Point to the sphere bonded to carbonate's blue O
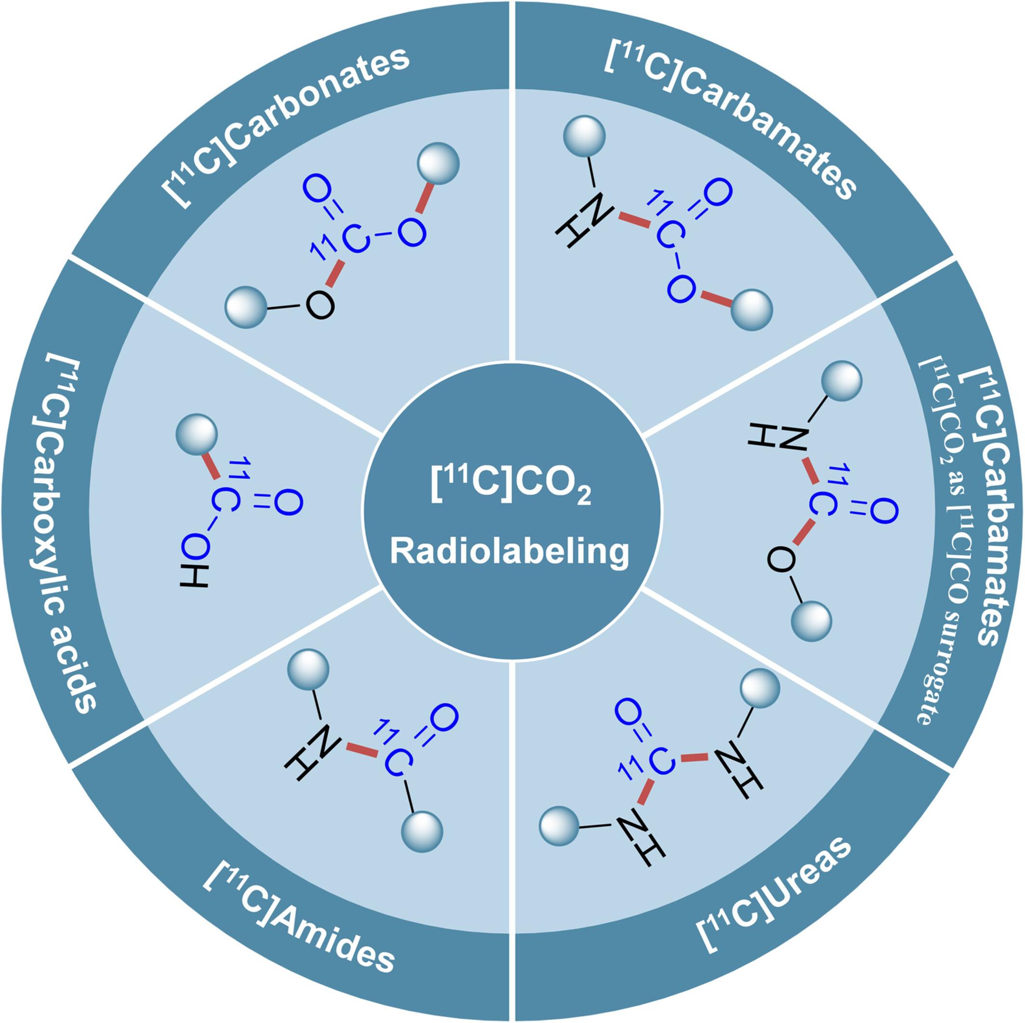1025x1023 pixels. (x=438, y=163)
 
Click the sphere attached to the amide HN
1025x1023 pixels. (x=308, y=670)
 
